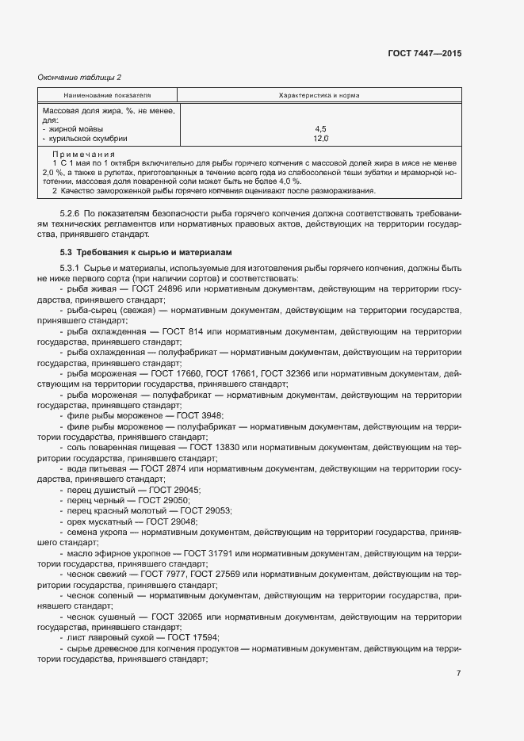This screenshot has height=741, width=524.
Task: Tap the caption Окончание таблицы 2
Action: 79,77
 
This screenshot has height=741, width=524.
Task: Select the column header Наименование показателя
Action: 107,95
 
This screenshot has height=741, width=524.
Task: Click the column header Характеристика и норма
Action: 319,95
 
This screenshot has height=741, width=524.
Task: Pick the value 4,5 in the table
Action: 320,128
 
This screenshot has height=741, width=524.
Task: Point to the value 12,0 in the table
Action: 320,138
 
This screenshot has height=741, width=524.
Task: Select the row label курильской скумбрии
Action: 88,138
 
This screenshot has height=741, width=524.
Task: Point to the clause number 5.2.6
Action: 70,214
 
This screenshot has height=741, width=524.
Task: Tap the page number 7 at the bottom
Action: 458,673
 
